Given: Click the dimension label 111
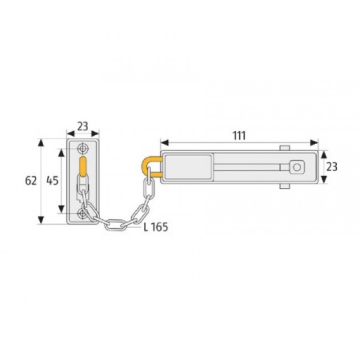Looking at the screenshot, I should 239,135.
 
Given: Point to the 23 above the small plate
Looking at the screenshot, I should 83,126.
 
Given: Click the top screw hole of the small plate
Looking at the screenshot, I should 83,148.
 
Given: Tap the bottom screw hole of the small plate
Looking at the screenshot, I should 83,213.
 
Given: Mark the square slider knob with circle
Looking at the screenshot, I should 297,167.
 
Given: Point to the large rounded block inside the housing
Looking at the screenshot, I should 189,166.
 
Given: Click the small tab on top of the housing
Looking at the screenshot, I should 285,148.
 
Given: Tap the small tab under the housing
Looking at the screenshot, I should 285,186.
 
